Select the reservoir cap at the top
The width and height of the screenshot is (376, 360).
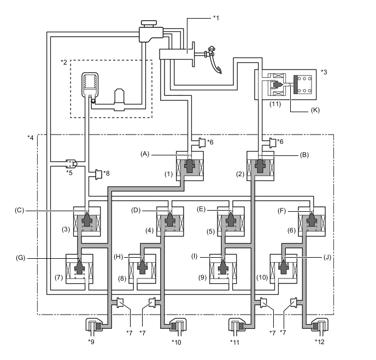(x=148, y=23)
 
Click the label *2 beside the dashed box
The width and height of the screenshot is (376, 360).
(x=64, y=62)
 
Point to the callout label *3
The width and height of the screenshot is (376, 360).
(x=325, y=71)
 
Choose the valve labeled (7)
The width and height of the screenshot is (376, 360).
(x=79, y=269)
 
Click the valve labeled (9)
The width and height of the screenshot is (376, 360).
(x=224, y=269)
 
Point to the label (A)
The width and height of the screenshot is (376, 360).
(x=145, y=155)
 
